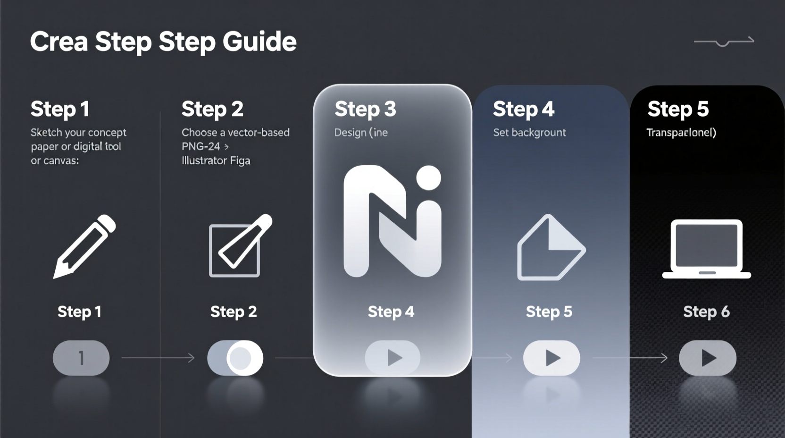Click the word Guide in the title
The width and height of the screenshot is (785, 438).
pos(259,42)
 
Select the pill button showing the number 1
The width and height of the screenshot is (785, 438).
pos(81,358)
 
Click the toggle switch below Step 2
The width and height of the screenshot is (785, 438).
pos(235,358)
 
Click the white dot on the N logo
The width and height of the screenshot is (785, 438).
pos(428,178)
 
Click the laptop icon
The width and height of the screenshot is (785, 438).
pos(706,249)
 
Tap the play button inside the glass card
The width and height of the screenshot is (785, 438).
pos(392,358)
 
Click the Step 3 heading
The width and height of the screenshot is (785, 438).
pos(365,109)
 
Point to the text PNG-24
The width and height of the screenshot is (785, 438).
pos(201,146)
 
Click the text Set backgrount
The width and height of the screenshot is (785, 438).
pos(529,133)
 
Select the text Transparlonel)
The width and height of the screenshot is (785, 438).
pos(681,133)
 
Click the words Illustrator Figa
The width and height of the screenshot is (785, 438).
pos(216,160)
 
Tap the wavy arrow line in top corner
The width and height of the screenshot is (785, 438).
pos(724,42)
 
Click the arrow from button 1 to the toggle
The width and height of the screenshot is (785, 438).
pos(158,358)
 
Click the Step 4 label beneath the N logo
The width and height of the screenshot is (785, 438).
pos(391,312)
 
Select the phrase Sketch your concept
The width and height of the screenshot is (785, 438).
pos(78,133)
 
